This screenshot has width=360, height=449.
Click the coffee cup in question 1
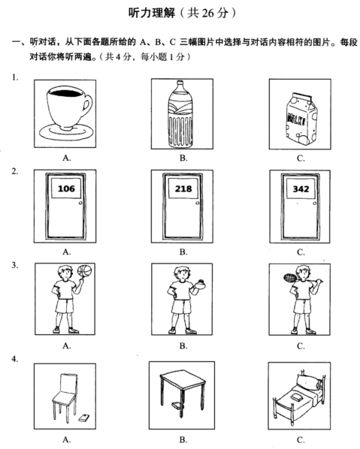[x=66, y=114]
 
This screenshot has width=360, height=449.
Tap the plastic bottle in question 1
[x=180, y=114]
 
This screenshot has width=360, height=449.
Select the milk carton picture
[x=301, y=119]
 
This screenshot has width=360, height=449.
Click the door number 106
[x=66, y=188]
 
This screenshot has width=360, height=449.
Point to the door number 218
[x=183, y=188]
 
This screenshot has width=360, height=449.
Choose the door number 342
[x=301, y=189]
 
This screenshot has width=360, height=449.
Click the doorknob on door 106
[x=80, y=203]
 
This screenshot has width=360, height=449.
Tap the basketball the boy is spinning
[x=85, y=271]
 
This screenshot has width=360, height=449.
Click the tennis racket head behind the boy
[x=290, y=277]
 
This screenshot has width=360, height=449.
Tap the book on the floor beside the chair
[x=83, y=417]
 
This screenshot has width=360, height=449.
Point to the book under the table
[x=176, y=405]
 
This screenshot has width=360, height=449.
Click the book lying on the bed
[x=297, y=396]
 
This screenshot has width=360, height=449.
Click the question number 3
[x=14, y=266]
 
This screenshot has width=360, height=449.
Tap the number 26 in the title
[x=210, y=13]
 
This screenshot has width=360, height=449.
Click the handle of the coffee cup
[x=87, y=106]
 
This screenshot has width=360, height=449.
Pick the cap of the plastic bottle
[x=180, y=83]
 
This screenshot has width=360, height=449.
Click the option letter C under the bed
[x=301, y=440]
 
